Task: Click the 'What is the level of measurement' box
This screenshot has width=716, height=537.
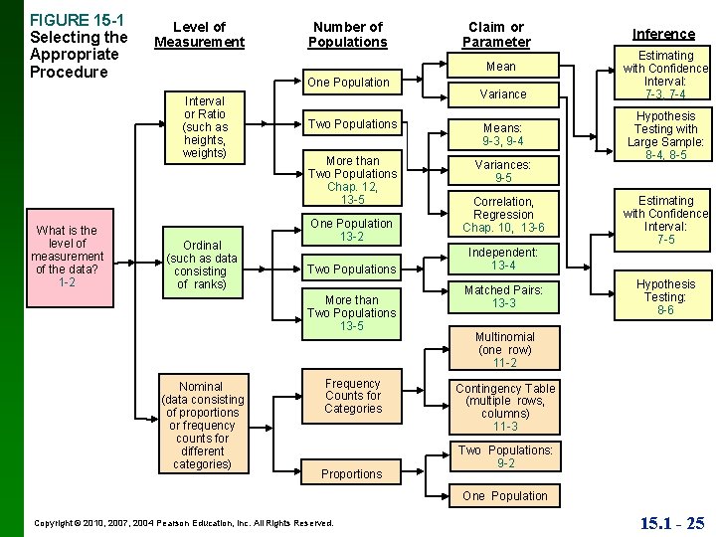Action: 67,257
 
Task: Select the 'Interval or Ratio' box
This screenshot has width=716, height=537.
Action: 206,127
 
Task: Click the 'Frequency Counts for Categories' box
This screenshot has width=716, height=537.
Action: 352,396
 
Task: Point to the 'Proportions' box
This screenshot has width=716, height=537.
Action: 352,474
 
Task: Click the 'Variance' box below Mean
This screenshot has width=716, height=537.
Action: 504,93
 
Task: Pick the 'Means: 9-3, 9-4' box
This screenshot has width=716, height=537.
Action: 504,134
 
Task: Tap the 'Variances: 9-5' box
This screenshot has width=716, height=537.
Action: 503,171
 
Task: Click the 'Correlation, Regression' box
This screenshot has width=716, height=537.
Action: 503,215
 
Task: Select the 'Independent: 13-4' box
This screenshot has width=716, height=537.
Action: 503,259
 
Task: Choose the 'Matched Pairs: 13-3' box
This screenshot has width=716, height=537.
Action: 503,296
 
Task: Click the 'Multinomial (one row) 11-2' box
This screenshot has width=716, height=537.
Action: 504,350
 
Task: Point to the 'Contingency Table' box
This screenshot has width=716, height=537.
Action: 504,407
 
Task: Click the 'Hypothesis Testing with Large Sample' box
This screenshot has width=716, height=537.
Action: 665,135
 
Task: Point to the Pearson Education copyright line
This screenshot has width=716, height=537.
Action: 184,522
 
